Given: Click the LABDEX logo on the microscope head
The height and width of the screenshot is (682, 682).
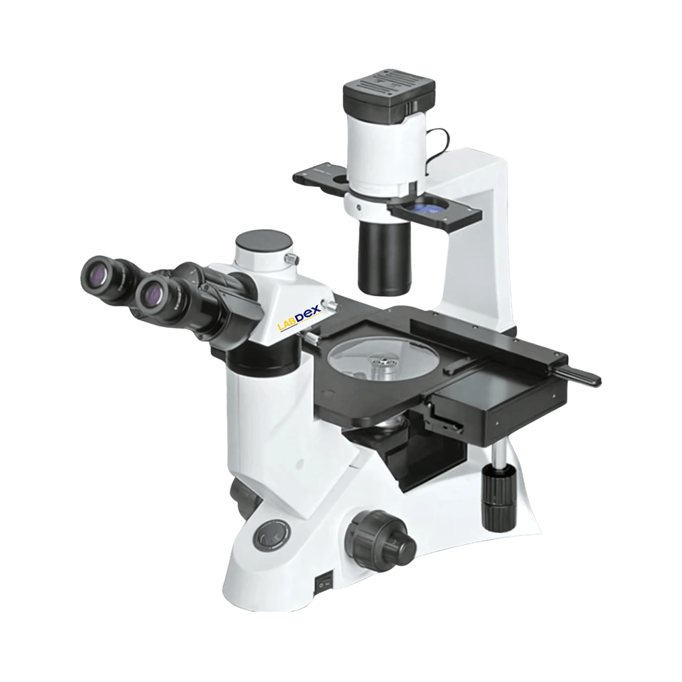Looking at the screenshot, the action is [x=299, y=316].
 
